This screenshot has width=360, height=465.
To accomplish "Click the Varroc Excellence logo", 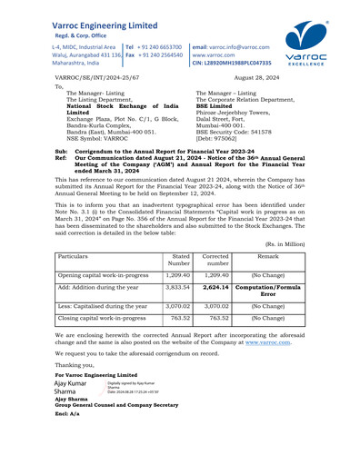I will (x=315, y=45).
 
